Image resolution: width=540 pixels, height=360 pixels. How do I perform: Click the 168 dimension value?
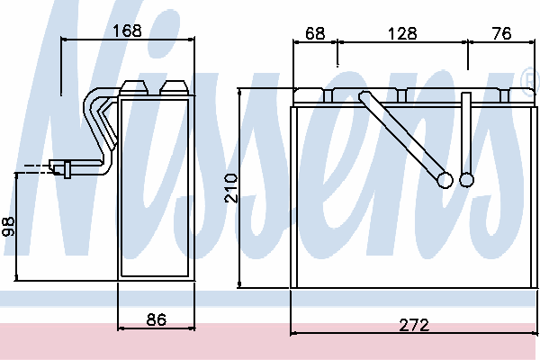pyautogui.click(x=128, y=31)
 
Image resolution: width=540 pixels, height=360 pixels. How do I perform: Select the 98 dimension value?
pyautogui.click(x=8, y=226)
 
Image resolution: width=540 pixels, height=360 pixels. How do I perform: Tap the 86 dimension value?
pyautogui.click(x=157, y=319)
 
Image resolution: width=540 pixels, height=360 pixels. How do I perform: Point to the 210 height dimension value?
pyautogui.click(x=231, y=188)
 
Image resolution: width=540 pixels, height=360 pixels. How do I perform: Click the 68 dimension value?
pyautogui.click(x=315, y=33)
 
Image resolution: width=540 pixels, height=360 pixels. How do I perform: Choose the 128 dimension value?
pyautogui.click(x=402, y=33)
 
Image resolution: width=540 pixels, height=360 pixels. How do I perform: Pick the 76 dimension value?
pyautogui.click(x=502, y=33)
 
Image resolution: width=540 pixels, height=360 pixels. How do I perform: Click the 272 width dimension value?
pyautogui.click(x=414, y=325)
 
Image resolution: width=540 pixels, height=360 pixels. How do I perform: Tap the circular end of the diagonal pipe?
pyautogui.click(x=445, y=180)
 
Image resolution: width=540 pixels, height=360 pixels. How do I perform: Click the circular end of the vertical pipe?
pyautogui.click(x=466, y=179)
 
